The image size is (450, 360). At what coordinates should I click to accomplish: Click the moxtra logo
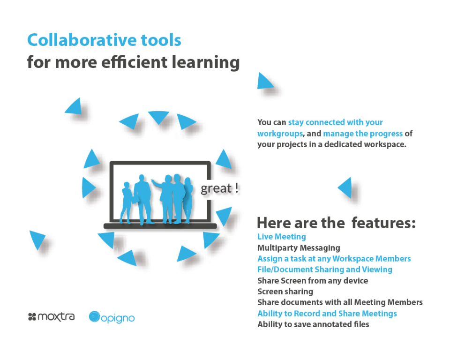pos(52,317)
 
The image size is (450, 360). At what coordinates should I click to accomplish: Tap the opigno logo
pos(112,317)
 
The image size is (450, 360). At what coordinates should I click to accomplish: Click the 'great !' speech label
pos(219,188)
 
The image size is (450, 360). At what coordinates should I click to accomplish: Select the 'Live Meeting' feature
pos(282,237)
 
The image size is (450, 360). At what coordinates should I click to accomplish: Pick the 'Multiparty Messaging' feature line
pos(299,248)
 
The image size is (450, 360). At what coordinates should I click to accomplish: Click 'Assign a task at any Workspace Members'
pos(334,259)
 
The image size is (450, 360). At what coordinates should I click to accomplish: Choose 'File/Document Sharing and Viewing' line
pos(325,270)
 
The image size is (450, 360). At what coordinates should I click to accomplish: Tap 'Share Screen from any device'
pos(313,280)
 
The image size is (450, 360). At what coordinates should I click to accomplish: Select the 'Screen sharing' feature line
pos(285,292)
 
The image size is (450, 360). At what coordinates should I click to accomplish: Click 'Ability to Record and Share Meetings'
pos(327,314)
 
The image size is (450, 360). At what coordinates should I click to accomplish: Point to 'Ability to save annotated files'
pos(313,324)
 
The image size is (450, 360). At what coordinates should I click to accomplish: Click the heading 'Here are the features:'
pos(337,223)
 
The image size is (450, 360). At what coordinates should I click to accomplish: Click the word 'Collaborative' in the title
pos(82,40)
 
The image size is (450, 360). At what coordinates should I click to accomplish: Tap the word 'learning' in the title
pos(205,62)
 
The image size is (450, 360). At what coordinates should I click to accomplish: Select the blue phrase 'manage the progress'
pos(363,134)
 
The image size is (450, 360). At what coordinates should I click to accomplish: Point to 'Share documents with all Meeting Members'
pos(340,302)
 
